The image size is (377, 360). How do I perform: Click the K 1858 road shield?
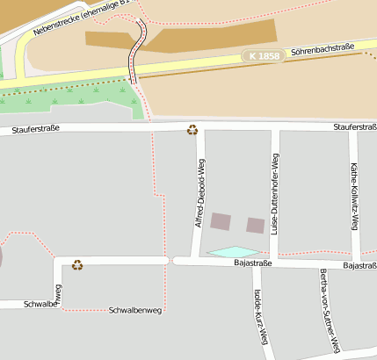pyautogui.click(x=264, y=55)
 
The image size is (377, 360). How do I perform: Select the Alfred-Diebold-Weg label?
pyautogui.click(x=199, y=196)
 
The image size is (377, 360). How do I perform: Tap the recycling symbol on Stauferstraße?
pyautogui.click(x=192, y=131)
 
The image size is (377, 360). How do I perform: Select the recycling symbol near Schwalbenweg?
pyautogui.click(x=77, y=263)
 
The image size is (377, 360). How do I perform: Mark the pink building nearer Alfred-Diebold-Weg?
pyautogui.click(x=220, y=221)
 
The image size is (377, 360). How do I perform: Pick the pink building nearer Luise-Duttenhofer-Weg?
pyautogui.click(x=255, y=225)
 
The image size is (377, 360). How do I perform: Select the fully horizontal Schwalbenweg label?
pyautogui.click(x=135, y=311)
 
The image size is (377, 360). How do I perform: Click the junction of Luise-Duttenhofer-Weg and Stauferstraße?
pyautogui.click(x=275, y=128)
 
